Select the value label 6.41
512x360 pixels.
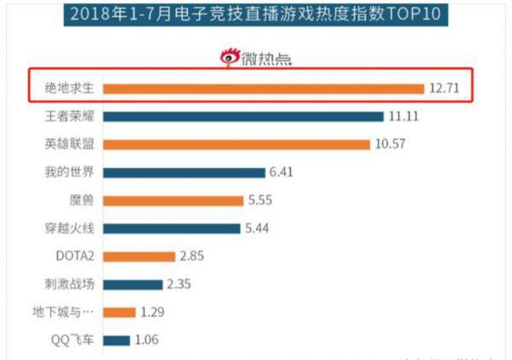click(x=282, y=172)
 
